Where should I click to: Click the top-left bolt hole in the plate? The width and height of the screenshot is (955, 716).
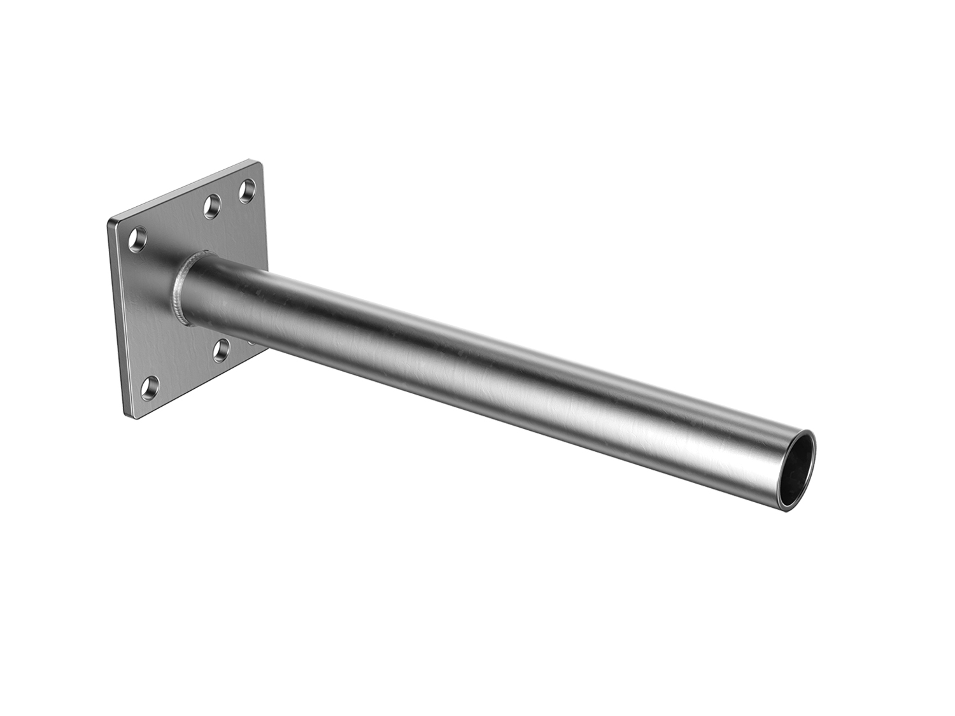pos(137,238)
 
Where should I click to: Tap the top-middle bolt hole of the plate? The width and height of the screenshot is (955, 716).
pos(210,205)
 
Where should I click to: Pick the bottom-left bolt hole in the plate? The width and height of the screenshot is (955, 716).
pos(152,386)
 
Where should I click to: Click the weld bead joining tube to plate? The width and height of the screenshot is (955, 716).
pos(182,290)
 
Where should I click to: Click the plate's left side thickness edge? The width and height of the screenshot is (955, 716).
pos(117,318)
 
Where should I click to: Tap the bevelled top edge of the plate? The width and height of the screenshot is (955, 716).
pos(185,191)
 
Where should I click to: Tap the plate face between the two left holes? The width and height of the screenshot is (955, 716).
pos(143,312)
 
